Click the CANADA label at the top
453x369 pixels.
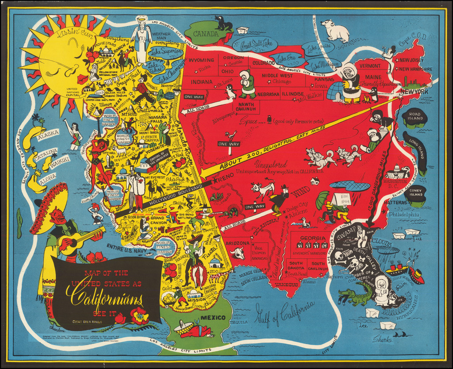pyautogui.click(x=205, y=34)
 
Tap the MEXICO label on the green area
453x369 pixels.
pyautogui.click(x=213, y=317)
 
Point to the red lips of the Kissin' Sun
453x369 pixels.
pyautogui.click(x=82, y=79)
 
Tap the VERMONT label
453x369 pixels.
pyautogui.click(x=370, y=65)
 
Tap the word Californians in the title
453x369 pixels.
pyautogui.click(x=104, y=292)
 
